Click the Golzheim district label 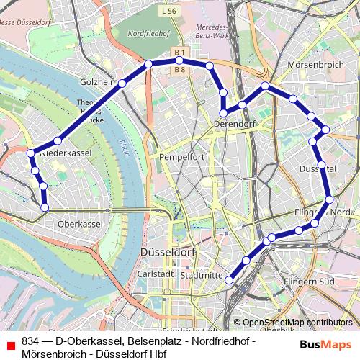click(x=99, y=82)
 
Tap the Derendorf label click(x=234, y=125)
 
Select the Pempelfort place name click(x=182, y=156)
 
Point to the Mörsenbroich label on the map click(x=315, y=64)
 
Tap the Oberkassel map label click(x=80, y=224)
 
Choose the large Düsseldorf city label click(x=169, y=253)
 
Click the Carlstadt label click(x=156, y=274)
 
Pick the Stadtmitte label click(x=202, y=275)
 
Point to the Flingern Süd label click(x=309, y=281)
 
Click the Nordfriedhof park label click(x=149, y=34)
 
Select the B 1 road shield click(x=179, y=53)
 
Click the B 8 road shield click(x=179, y=69)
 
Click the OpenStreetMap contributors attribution click(x=297, y=323)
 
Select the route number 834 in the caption click(x=30, y=340)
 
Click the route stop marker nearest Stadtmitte click(x=230, y=279)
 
